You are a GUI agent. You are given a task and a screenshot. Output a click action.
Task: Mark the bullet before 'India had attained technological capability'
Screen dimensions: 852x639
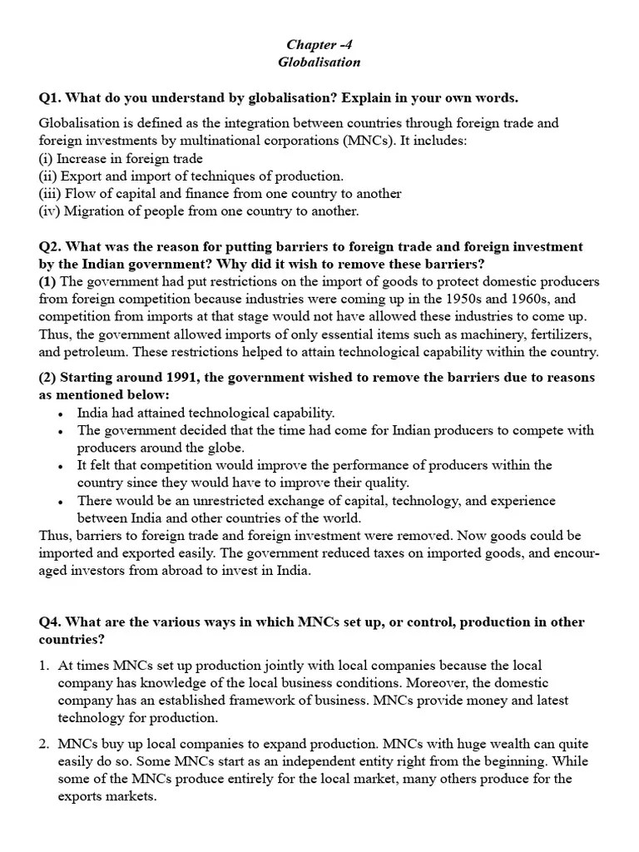[x=62, y=414]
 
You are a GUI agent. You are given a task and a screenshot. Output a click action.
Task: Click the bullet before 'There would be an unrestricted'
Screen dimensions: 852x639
[x=62, y=502]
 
